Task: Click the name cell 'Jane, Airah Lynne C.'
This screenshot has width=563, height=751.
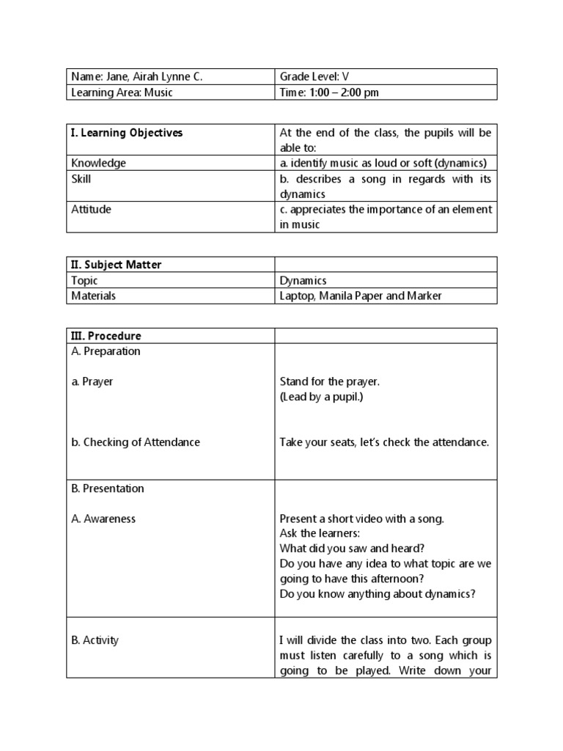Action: [x=136, y=77]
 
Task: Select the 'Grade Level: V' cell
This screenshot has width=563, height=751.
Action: [x=320, y=77]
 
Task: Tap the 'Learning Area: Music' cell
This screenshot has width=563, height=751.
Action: [x=122, y=92]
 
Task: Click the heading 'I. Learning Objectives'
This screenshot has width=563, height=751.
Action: [x=127, y=133]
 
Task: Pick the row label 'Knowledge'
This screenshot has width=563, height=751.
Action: [x=98, y=163]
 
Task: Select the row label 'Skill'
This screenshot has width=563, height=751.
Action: [x=81, y=178]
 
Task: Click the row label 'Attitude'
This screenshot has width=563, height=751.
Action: [x=91, y=209]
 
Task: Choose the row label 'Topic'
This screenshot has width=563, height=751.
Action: [x=84, y=280]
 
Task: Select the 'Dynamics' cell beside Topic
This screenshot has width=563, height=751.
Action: [x=303, y=280]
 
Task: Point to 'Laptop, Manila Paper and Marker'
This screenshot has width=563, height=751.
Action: [x=361, y=296]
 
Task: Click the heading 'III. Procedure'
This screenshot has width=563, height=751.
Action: [x=106, y=336]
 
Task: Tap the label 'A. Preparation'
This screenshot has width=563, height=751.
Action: [x=106, y=351]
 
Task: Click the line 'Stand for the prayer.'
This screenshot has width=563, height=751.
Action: [x=330, y=381]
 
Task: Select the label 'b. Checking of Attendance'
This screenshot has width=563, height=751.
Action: [x=136, y=442]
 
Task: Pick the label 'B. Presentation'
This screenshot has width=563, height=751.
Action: [x=108, y=488]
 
